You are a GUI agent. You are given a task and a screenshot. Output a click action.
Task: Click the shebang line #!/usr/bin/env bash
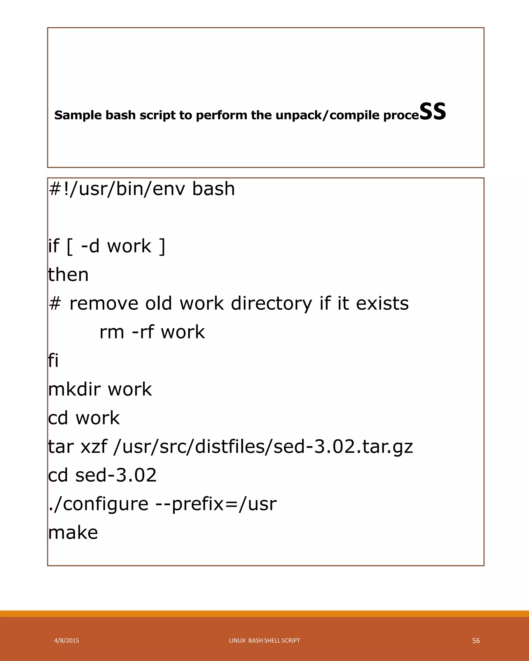coord(142,188)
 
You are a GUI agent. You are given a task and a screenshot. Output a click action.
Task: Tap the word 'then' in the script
coord(68,275)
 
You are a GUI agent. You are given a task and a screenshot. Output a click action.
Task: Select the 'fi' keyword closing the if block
coord(53,360)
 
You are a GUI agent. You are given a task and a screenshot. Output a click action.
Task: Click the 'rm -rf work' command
coord(152,332)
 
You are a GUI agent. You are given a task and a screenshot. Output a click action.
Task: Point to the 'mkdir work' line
coord(100,389)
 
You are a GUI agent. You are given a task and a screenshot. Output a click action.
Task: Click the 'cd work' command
coord(84,418)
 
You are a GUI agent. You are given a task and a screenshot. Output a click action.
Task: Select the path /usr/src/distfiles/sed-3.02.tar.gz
coord(263,447)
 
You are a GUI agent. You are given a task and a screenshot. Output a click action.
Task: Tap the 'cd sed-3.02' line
coord(102,475)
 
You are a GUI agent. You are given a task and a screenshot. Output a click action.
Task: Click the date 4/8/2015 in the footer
coord(67,640)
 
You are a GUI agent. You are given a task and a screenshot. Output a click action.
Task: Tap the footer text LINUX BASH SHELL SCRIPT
coord(264,640)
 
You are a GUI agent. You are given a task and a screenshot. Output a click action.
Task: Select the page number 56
coord(476,640)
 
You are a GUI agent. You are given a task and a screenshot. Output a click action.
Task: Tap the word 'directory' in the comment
coord(271,304)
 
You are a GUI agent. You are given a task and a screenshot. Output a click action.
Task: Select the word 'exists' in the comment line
coord(382,304)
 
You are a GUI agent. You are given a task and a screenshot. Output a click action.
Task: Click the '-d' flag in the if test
coord(90,246)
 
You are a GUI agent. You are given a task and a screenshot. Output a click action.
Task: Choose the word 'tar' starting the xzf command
coord(61,447)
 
